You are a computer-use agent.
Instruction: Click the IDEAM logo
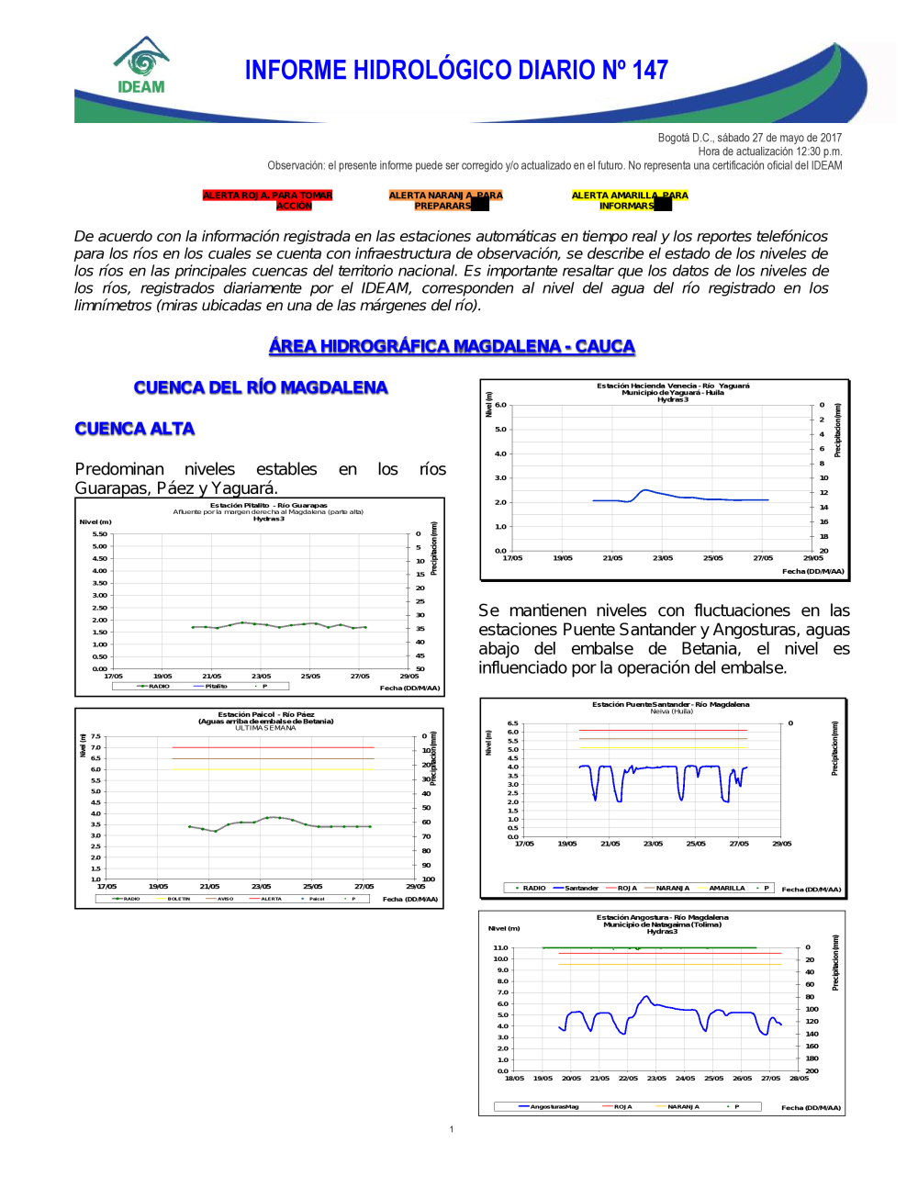[x=141, y=66]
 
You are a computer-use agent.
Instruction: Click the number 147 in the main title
[x=650, y=71]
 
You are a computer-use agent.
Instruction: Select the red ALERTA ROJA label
[x=267, y=200]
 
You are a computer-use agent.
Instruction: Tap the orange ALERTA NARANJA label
[x=445, y=200]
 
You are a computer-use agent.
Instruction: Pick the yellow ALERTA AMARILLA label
[x=629, y=200]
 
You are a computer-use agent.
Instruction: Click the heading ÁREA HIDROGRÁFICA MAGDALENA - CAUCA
[x=452, y=346]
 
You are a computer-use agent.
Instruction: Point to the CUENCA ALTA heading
[x=135, y=429]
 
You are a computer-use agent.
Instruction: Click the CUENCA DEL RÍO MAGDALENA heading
[x=261, y=387]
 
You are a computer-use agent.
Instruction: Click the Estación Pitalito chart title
[x=268, y=506]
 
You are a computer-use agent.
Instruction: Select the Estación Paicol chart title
[x=265, y=714]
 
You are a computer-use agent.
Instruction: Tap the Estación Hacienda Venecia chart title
[x=673, y=386]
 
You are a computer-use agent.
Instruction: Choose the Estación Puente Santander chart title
[x=670, y=705]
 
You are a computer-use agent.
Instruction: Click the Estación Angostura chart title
[x=662, y=917]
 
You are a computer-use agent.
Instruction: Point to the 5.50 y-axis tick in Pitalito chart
[x=99, y=534]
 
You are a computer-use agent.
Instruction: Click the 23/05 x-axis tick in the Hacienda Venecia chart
[x=663, y=558]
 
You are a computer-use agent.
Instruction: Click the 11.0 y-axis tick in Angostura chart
[x=500, y=947]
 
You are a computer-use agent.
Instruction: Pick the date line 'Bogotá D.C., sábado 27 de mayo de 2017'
[x=749, y=138]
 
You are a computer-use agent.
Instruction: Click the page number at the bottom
[x=452, y=1129]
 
